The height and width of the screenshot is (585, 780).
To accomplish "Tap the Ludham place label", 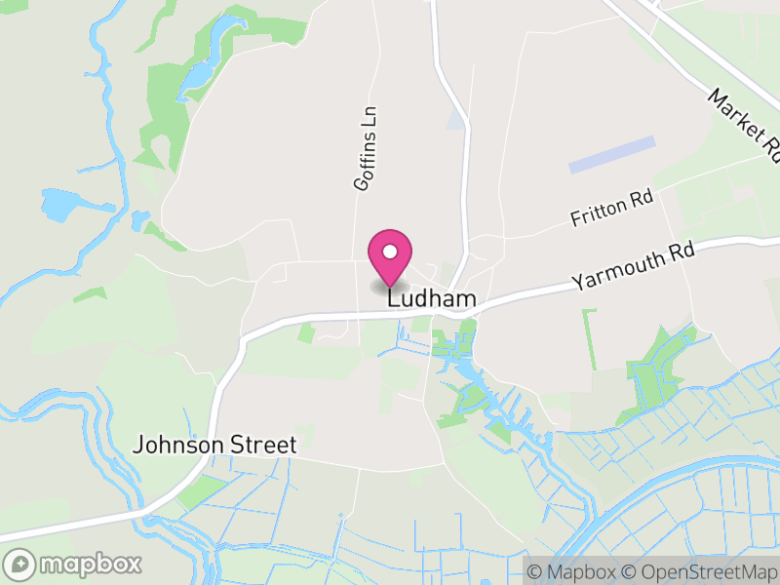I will tap(431, 300).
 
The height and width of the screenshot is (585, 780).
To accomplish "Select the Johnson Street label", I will tap(214, 445).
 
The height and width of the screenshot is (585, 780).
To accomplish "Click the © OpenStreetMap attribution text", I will tap(699, 571).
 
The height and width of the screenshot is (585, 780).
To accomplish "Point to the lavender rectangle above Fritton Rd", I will tap(612, 155).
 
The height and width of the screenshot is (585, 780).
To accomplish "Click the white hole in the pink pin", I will tap(390, 252).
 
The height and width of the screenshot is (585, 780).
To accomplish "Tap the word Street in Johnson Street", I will tap(261, 445).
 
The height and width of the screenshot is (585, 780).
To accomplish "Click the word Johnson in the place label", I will tap(177, 445).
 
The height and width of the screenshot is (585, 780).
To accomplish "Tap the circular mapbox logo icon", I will tap(19, 564).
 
